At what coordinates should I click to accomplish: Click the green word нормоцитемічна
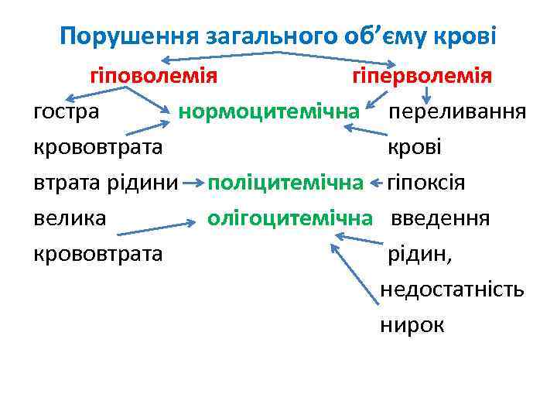pyautogui.click(x=269, y=111)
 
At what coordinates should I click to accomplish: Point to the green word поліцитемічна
pyautogui.click(x=285, y=183)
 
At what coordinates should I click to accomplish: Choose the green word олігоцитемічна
pyautogui.click(x=289, y=218)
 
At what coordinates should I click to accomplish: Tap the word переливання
pyautogui.click(x=457, y=111)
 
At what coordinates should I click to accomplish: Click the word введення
pyautogui.click(x=440, y=218)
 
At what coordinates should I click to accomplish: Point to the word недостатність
pyautogui.click(x=452, y=290)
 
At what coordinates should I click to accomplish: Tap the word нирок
pyautogui.click(x=412, y=325)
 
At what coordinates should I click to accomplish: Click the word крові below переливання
pyautogui.click(x=414, y=147)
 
